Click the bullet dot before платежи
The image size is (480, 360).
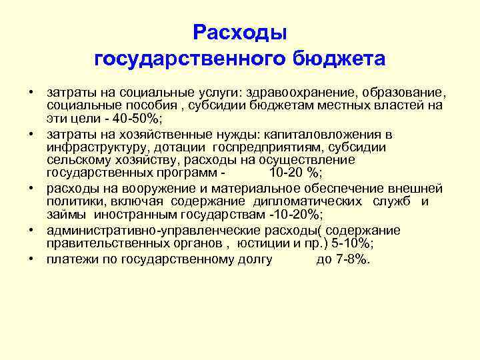coord(32,258)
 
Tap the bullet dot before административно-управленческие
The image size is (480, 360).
coord(32,230)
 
